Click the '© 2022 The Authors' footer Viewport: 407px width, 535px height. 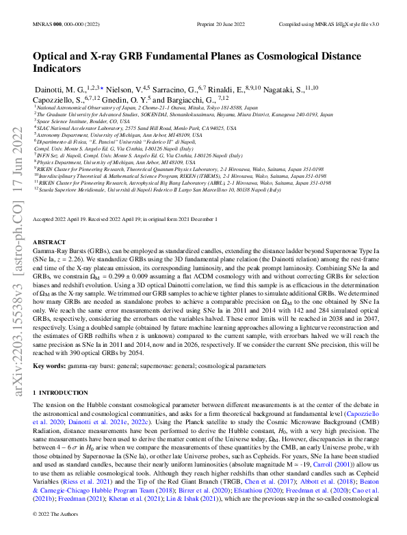[x=57, y=512]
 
